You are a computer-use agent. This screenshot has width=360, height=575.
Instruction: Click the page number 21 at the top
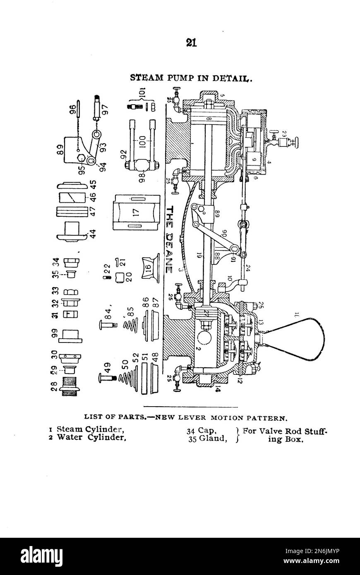191,43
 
